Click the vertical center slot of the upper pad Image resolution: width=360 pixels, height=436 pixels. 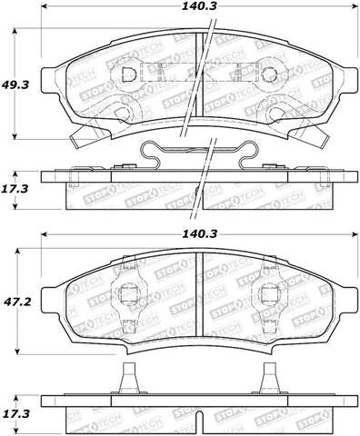click(x=199, y=77)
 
